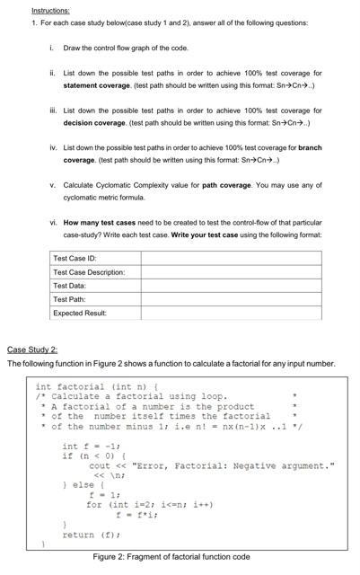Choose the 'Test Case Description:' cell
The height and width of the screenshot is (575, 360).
(x=89, y=271)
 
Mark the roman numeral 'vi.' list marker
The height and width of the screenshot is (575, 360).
(x=54, y=221)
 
